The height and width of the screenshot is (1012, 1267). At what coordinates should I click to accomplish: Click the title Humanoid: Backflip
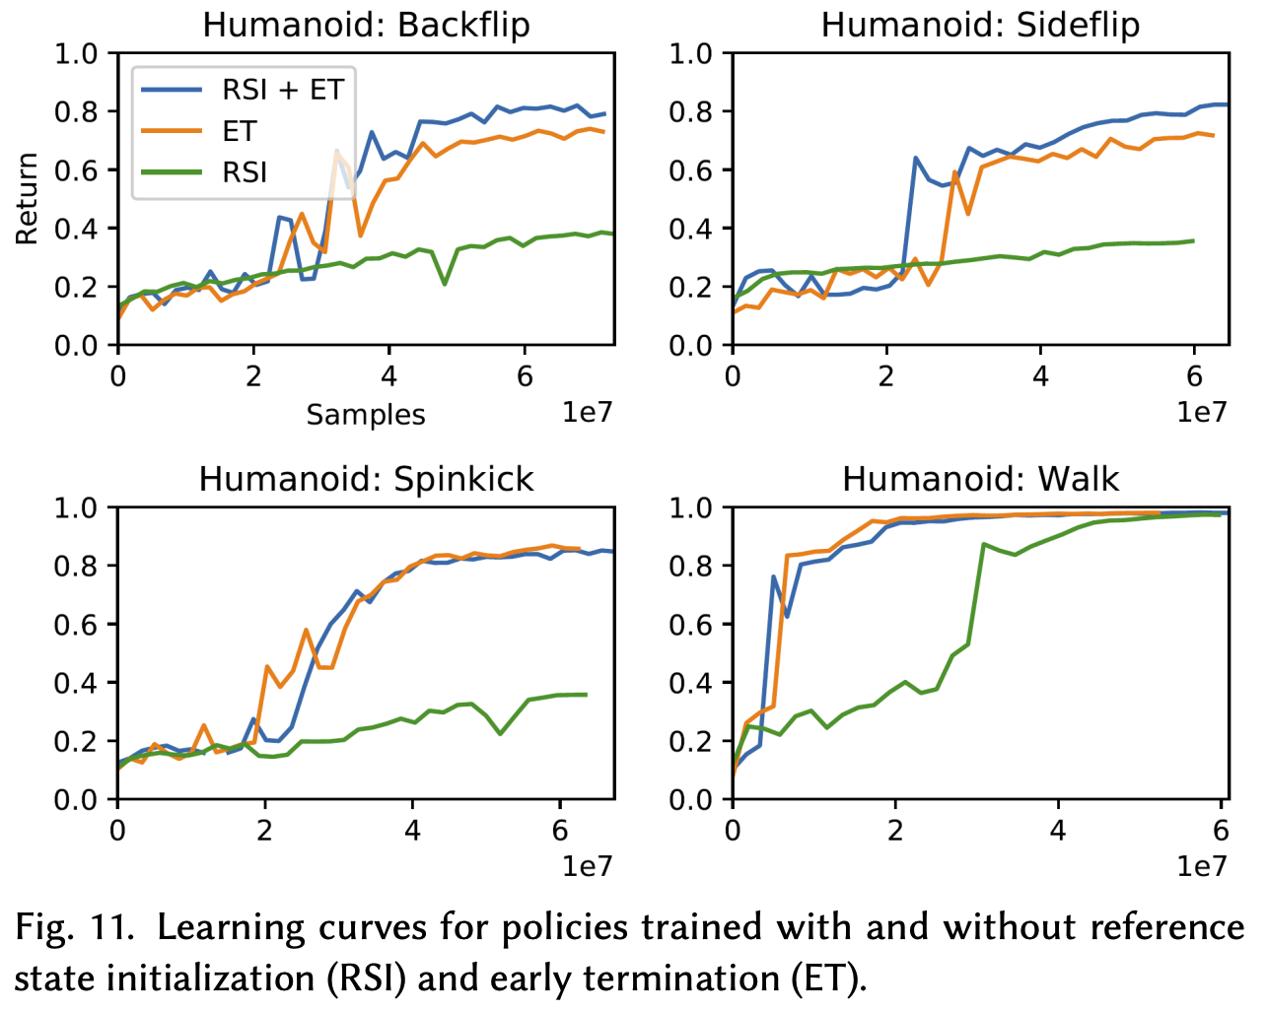pyautogui.click(x=366, y=25)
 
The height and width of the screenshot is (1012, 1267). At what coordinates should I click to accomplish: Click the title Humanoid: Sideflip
pyautogui.click(x=980, y=25)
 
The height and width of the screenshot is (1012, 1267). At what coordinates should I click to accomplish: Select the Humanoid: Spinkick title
pyautogui.click(x=366, y=479)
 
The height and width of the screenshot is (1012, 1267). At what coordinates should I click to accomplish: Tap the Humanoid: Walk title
pyautogui.click(x=980, y=479)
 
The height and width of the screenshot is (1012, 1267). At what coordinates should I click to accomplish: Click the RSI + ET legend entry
pyautogui.click(x=282, y=90)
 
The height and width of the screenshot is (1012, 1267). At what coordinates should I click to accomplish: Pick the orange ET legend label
pyautogui.click(x=239, y=131)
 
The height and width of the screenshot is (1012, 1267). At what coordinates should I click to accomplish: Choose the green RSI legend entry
pyautogui.click(x=245, y=172)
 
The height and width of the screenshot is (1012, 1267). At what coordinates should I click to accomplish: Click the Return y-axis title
pyautogui.click(x=27, y=198)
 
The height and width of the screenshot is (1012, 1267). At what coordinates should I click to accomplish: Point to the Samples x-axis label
pyautogui.click(x=366, y=415)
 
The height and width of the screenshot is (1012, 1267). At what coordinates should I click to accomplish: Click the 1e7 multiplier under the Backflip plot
pyautogui.click(x=587, y=412)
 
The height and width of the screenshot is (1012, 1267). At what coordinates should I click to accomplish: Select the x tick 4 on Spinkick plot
pyautogui.click(x=412, y=831)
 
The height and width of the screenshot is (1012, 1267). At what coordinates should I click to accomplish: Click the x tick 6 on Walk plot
pyautogui.click(x=1221, y=831)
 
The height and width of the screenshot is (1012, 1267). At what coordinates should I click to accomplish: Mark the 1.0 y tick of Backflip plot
pyautogui.click(x=76, y=53)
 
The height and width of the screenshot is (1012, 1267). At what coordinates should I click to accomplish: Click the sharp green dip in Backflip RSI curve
pyautogui.click(x=445, y=284)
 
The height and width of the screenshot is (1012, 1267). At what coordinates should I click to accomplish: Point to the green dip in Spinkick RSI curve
pyautogui.click(x=501, y=733)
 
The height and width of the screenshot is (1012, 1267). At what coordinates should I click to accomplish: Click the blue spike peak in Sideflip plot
pyautogui.click(x=916, y=158)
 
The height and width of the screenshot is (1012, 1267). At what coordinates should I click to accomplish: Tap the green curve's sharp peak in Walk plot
pyautogui.click(x=983, y=544)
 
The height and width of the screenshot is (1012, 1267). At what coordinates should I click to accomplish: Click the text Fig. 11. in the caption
pyautogui.click(x=74, y=927)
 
